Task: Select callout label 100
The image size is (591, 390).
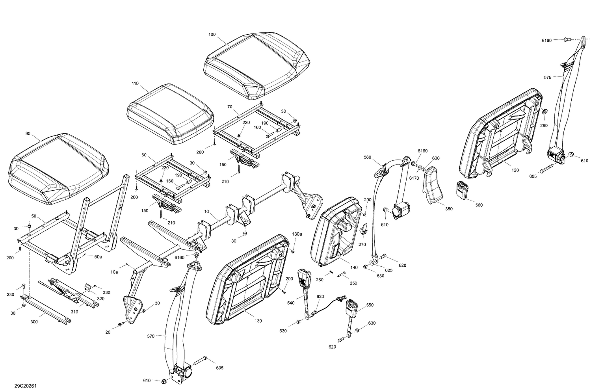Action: click(212, 35)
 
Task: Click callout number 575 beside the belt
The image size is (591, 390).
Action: click(548, 78)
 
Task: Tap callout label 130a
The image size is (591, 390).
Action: click(297, 234)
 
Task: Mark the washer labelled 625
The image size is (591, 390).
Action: click(373, 262)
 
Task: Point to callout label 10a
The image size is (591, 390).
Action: click(114, 272)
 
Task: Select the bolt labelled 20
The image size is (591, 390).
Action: click(119, 325)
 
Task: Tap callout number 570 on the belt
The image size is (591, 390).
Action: click(151, 336)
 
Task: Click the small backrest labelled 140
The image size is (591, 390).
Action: click(337, 232)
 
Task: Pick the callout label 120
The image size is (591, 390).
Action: click(515, 170)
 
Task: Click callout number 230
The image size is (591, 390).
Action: click(11, 295)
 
